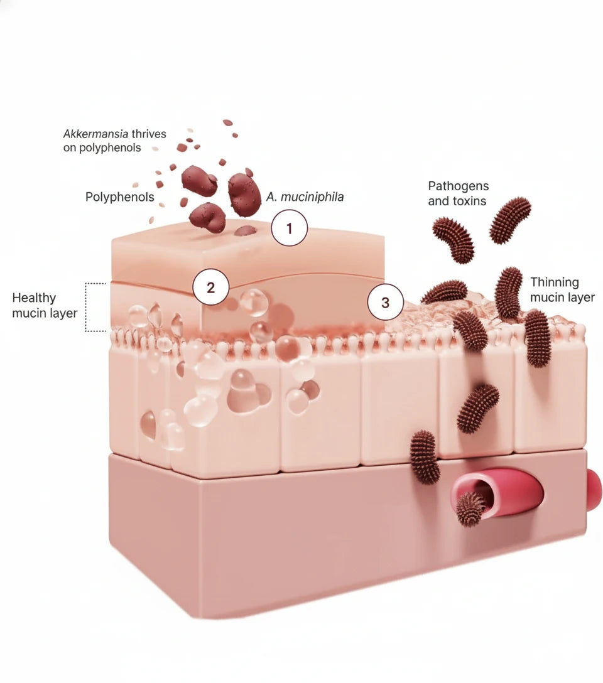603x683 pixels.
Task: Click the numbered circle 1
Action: click(289, 229)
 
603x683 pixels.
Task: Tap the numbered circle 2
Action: click(210, 288)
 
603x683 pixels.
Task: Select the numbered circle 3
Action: click(385, 303)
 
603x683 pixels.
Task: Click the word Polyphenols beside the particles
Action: click(120, 197)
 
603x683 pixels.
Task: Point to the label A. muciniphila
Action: click(305, 197)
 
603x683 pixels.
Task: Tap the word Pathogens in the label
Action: click(459, 186)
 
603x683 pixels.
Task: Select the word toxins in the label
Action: click(470, 202)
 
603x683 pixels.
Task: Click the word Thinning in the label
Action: click(555, 282)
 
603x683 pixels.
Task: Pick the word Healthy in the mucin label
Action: click(34, 298)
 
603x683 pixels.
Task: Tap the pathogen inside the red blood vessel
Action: click(469, 507)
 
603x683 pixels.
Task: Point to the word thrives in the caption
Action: click(149, 134)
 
